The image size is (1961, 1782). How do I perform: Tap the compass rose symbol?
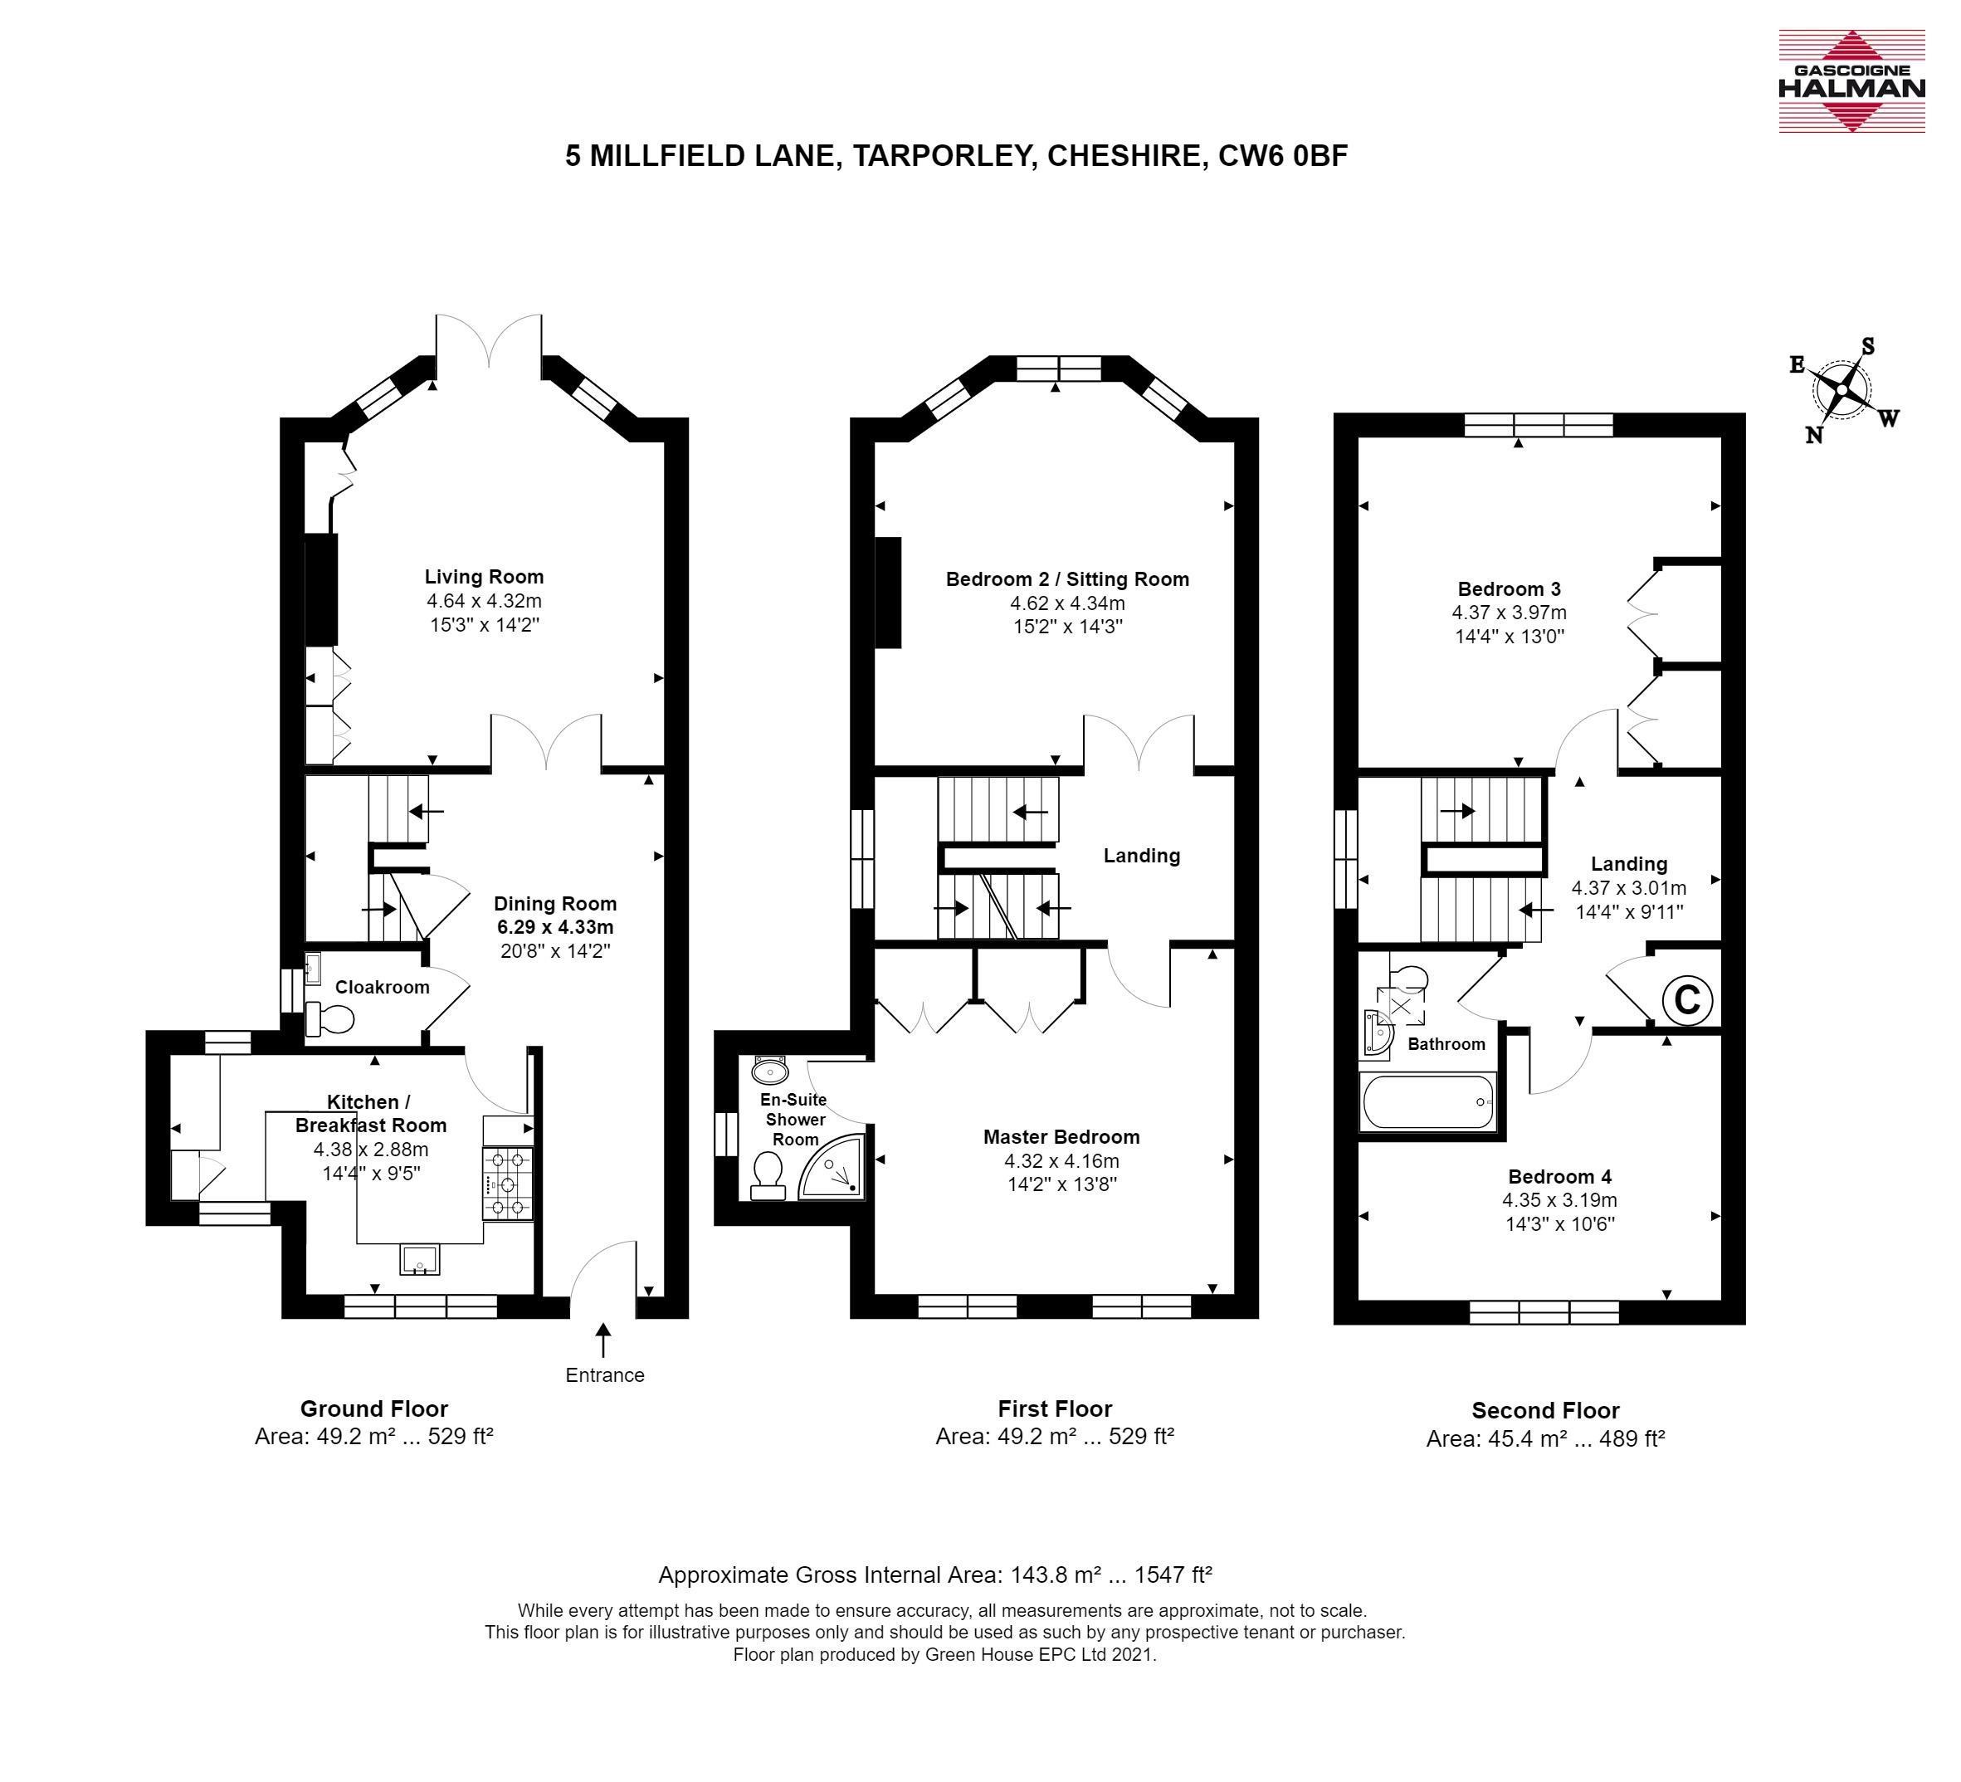[x=1842, y=391]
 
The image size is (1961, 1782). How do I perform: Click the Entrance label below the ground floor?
[x=605, y=1374]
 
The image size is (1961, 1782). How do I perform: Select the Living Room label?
[x=484, y=577]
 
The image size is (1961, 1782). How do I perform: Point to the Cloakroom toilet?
[x=329, y=1019]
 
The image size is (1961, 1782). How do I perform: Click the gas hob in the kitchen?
[x=508, y=1184]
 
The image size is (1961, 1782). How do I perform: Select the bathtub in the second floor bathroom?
[x=1428, y=1101]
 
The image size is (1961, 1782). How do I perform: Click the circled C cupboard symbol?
[x=1686, y=999]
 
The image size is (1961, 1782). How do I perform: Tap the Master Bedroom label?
[x=1061, y=1136]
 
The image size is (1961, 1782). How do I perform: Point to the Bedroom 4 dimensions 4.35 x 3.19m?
[x=1560, y=1200]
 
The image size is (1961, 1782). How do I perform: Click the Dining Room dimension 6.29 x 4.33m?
[x=555, y=927]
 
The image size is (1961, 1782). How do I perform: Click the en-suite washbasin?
[x=771, y=1071]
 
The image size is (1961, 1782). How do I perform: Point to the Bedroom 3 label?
[x=1510, y=588]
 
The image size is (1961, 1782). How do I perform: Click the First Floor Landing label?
[x=1142, y=855]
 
